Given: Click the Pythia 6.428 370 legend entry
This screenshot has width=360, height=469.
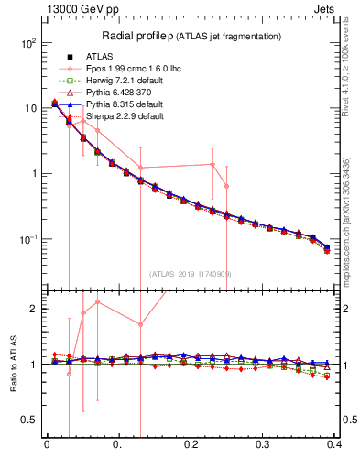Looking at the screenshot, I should click(x=118, y=93).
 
